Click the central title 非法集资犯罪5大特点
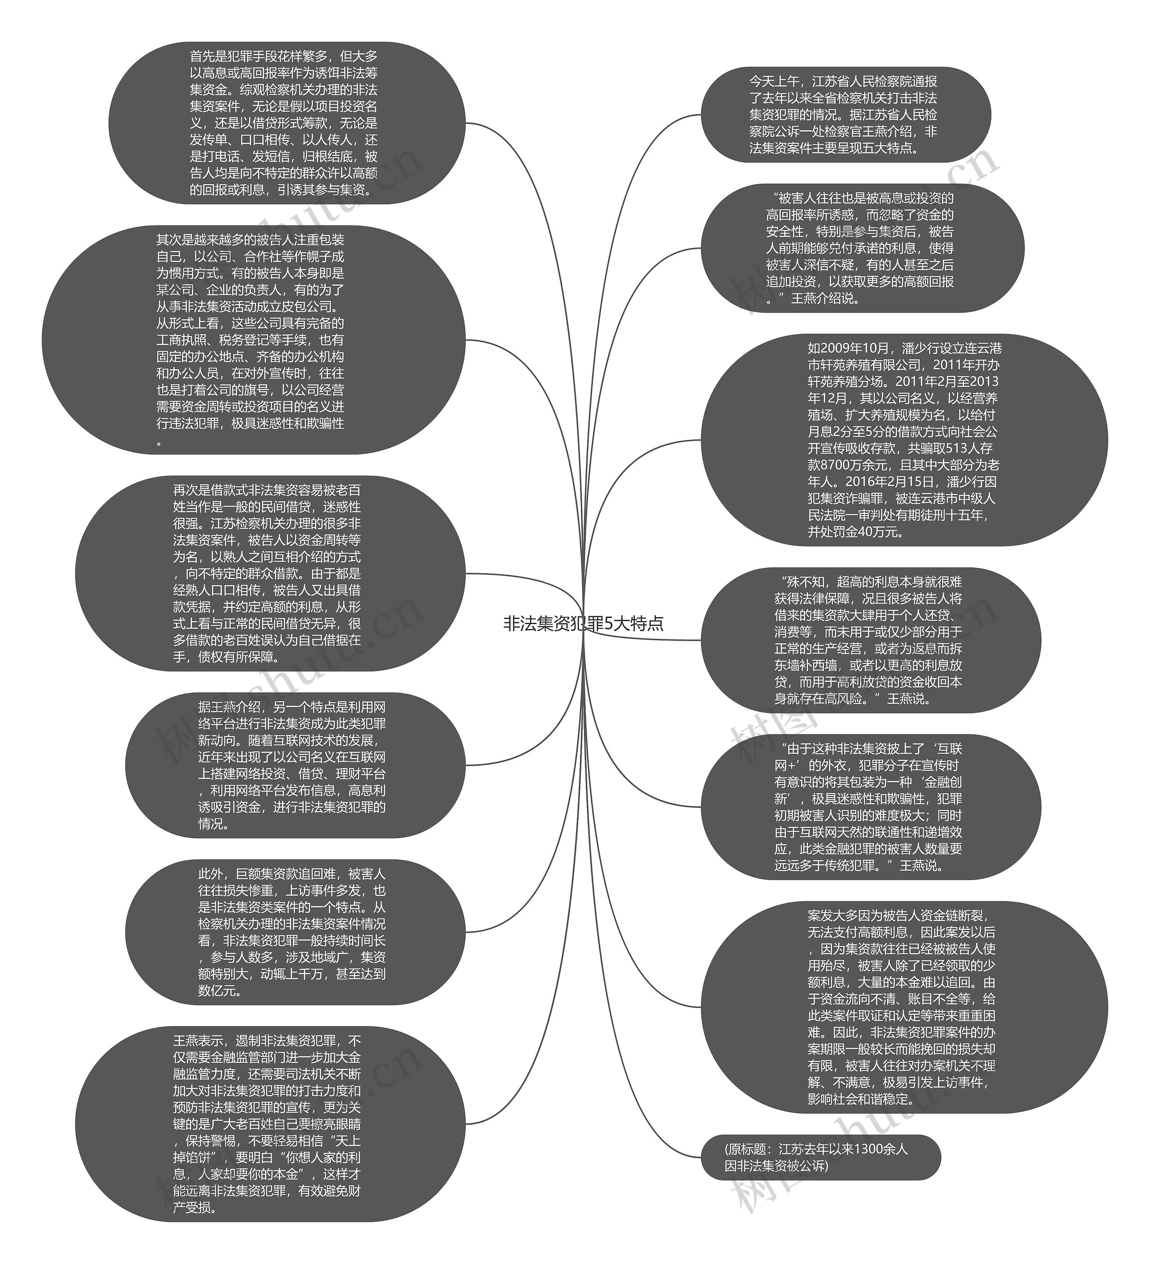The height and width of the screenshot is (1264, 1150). (x=583, y=624)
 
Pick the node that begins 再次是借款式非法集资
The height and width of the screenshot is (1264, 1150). (x=270, y=573)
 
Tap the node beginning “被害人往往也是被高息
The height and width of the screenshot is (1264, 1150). (x=862, y=248)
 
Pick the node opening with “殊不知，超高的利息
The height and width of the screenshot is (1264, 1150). (x=870, y=640)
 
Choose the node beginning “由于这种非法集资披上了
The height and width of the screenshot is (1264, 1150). (x=870, y=806)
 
